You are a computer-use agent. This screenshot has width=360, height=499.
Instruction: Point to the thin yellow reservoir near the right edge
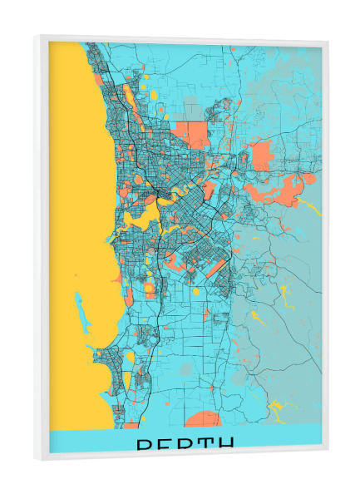[308, 204]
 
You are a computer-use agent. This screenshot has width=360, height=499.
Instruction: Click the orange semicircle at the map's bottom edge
[202, 419]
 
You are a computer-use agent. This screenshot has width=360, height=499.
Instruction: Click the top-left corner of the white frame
[37, 37]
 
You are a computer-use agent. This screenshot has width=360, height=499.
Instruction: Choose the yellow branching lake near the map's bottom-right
[279, 408]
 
